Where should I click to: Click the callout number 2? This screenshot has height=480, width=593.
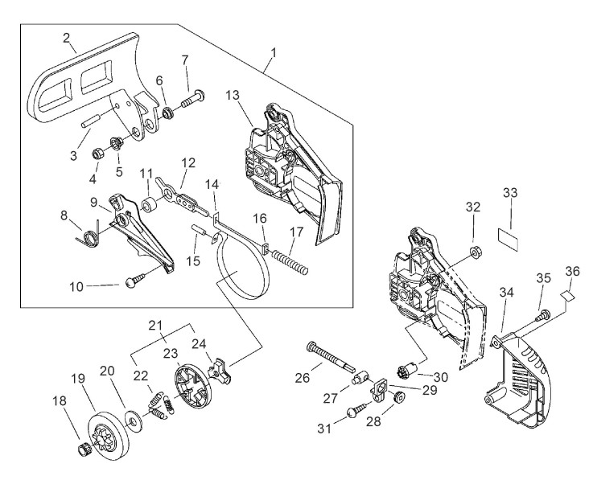click(x=66, y=37)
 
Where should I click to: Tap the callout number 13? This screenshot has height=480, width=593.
click(x=233, y=95)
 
